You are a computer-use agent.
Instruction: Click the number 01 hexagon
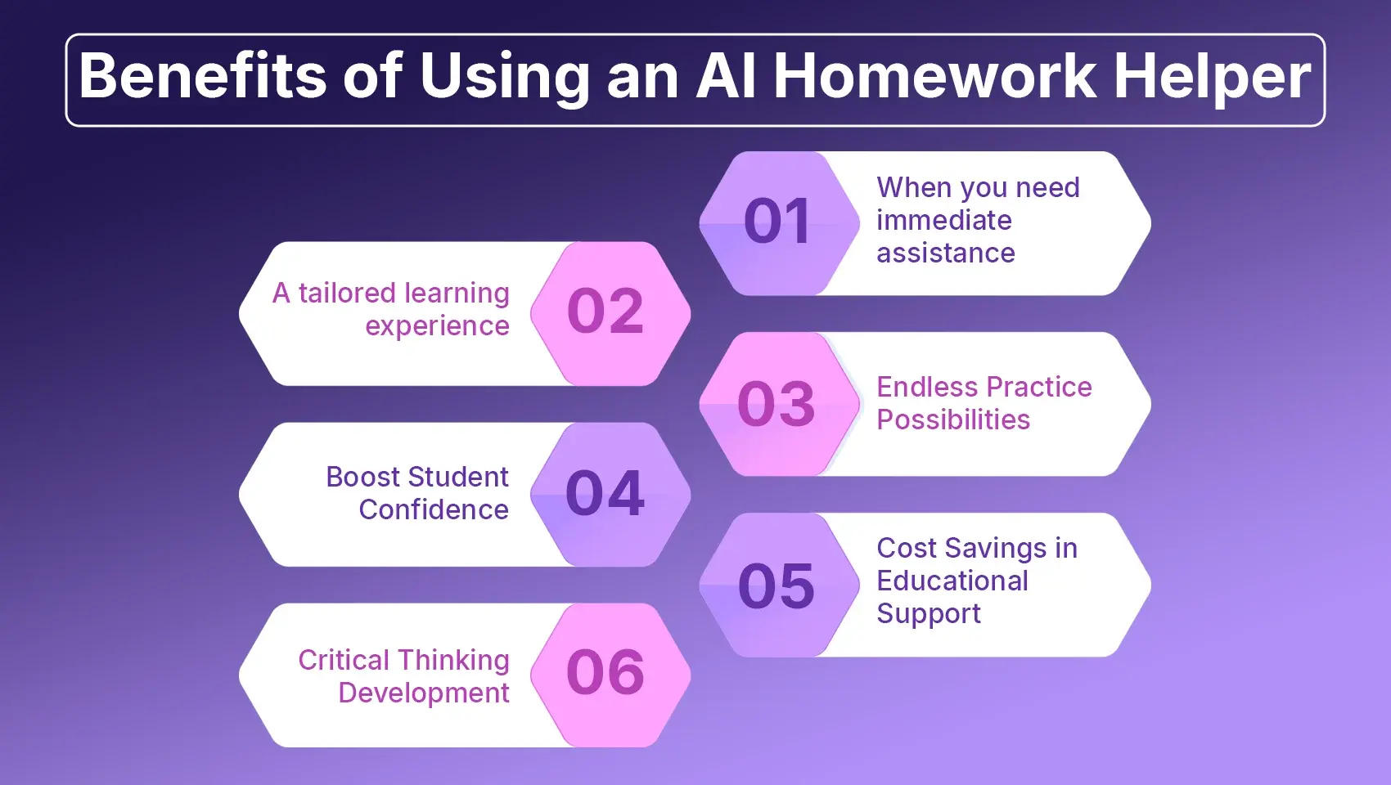(x=778, y=222)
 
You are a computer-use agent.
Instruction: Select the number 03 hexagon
(x=778, y=404)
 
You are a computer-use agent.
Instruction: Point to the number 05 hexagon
(x=778, y=585)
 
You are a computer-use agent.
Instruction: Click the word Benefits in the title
(x=204, y=77)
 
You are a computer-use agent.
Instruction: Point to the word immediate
(x=944, y=220)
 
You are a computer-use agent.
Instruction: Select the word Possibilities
(x=953, y=419)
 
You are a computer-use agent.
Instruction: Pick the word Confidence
(x=434, y=509)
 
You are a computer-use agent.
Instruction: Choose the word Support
(x=929, y=614)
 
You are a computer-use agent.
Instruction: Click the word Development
(x=424, y=693)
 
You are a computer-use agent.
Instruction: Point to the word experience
(x=437, y=326)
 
